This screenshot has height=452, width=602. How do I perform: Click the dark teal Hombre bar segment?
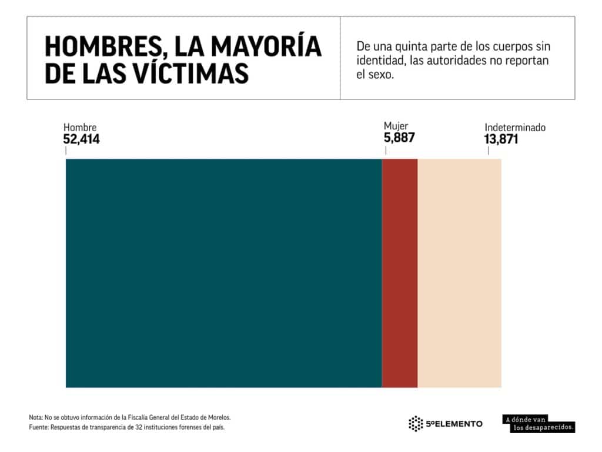(223, 273)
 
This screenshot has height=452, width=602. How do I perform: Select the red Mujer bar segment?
(400, 273)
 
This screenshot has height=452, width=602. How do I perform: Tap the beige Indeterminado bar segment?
(459, 273)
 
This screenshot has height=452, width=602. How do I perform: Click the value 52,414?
(82, 139)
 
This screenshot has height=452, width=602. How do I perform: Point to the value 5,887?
(399, 138)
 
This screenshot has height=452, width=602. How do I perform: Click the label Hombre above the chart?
(80, 128)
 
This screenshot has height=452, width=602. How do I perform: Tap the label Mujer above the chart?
(396, 126)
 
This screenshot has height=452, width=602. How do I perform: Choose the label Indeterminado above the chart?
(515, 127)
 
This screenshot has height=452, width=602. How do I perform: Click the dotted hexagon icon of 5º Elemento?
(416, 423)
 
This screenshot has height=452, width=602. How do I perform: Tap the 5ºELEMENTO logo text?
(454, 424)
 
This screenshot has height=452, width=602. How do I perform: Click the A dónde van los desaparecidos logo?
(539, 424)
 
